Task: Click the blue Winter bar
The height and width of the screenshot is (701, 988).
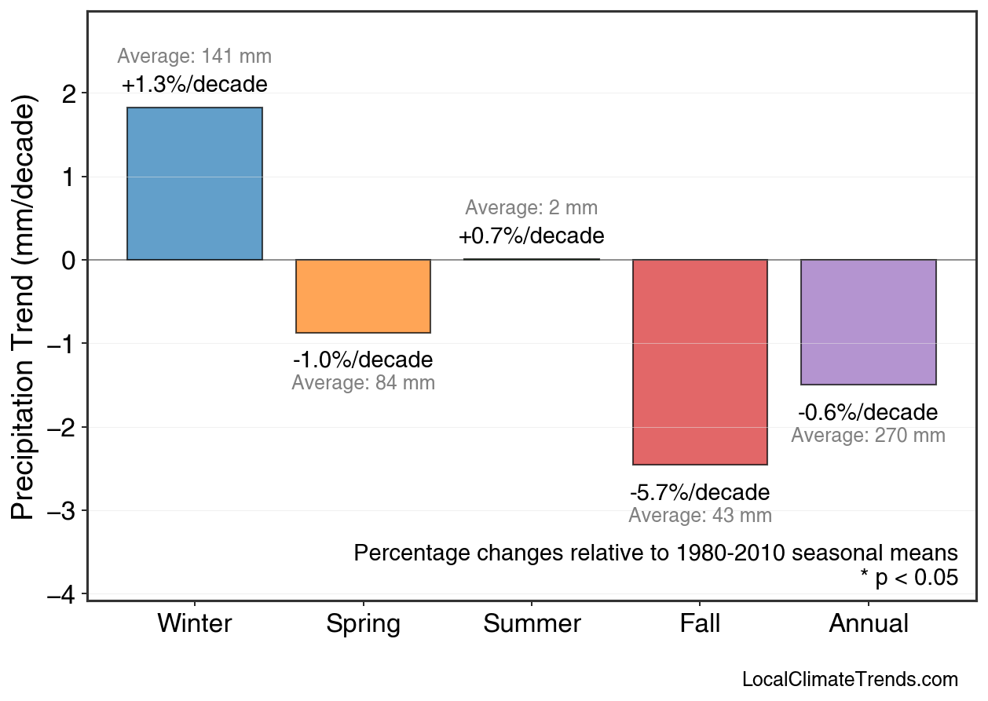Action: point(194,184)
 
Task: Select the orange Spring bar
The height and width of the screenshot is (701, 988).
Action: point(363,296)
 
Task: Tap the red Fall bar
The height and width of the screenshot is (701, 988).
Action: point(700,362)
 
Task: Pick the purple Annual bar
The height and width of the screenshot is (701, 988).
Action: point(868,322)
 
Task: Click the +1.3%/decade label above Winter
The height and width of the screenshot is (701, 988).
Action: point(194,85)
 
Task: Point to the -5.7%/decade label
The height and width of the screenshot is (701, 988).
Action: point(700,493)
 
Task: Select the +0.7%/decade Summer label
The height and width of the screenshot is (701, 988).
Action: point(531,236)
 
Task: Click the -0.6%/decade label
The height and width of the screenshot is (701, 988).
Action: point(868,413)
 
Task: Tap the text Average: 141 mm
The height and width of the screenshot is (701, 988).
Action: point(194,57)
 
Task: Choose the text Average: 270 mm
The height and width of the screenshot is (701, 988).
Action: point(868,436)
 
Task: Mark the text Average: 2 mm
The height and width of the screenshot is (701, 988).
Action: point(531,208)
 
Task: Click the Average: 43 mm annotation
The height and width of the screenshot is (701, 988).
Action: point(700,516)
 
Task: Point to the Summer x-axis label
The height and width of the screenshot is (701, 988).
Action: point(532,624)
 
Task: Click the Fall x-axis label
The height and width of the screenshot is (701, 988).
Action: point(700,624)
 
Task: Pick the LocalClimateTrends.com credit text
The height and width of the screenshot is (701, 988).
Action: point(850,680)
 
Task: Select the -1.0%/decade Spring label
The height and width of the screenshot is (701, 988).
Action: point(363,360)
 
